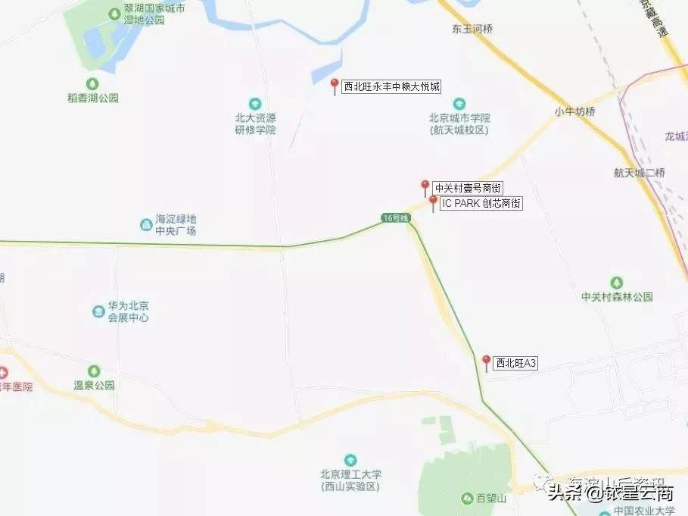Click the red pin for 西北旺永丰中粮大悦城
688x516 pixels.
[335, 84]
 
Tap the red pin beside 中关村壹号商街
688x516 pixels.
[425, 186]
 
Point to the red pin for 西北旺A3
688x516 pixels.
[486, 361]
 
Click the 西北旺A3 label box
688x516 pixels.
[515, 364]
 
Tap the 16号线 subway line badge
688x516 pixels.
[395, 218]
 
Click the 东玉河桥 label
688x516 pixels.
[472, 30]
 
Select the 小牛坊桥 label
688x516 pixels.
[574, 111]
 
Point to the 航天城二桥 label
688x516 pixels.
[640, 172]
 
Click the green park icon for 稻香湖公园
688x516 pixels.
[92, 83]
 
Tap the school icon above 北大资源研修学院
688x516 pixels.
[255, 103]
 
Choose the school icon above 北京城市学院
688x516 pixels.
[459, 103]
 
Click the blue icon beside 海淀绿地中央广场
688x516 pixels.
[145, 224]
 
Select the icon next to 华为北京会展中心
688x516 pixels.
[98, 311]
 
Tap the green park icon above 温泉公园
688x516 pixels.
[94, 371]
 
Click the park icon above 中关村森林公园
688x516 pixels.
[616, 283]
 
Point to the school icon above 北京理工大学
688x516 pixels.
[350, 460]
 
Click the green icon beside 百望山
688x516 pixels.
[467, 498]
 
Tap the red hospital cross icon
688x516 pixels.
[2, 373]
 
